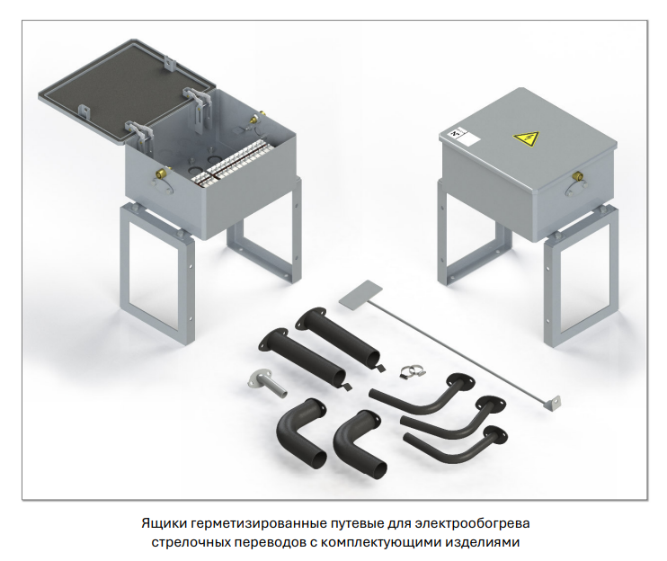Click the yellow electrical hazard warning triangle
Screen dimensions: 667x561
[526, 138]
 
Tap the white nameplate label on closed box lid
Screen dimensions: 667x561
[465, 137]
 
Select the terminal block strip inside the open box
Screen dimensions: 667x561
[232, 164]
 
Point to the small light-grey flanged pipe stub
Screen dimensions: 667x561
[267, 384]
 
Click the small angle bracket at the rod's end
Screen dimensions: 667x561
[554, 403]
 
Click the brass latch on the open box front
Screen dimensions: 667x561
[162, 173]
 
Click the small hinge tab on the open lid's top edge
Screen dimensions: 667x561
[170, 63]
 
